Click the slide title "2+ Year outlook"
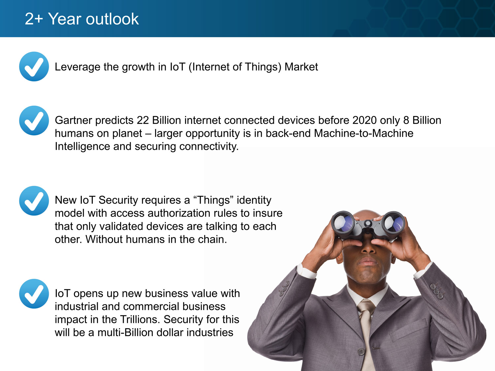click(x=82, y=19)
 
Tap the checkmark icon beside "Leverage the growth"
click(x=34, y=67)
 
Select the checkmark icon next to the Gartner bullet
click(x=34, y=120)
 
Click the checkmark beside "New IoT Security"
click(x=34, y=201)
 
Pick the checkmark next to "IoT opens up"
click(x=34, y=294)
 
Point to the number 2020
click(x=364, y=120)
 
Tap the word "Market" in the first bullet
click(x=301, y=67)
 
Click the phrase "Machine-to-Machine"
click(x=364, y=133)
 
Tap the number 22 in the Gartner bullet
click(x=143, y=120)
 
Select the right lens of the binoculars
click(x=393, y=222)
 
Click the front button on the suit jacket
click(x=361, y=351)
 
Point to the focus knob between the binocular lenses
click(x=368, y=224)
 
